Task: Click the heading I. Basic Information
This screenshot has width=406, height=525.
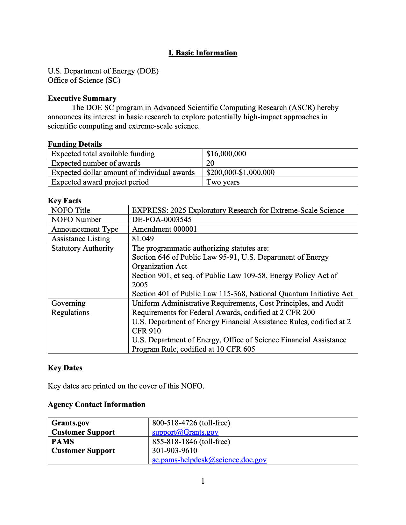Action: coord(203,53)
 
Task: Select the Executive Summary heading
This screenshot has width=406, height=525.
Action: coord(82,98)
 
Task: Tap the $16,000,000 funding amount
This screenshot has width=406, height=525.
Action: coord(226,154)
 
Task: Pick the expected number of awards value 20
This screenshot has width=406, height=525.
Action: coord(210,163)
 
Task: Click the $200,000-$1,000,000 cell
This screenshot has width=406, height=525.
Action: coord(240,172)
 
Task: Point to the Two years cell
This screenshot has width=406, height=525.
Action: coord(223,182)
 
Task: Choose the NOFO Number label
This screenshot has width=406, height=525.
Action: coord(76,220)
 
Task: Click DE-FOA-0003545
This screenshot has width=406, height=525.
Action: coord(162,220)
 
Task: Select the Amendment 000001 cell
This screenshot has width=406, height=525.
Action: coord(164,229)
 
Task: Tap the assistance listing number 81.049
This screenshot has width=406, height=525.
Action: coord(143,239)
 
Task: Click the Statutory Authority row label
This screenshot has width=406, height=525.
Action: coord(82,248)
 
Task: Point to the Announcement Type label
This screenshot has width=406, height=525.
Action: coord(85,229)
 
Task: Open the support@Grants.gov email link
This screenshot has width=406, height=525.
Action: coord(185,432)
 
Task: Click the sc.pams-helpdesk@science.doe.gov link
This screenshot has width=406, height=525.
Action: coord(209,460)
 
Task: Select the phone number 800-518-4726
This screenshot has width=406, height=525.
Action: coord(175,423)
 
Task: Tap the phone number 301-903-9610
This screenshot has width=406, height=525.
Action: coord(175,451)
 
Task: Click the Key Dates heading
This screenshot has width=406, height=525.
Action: coord(65,368)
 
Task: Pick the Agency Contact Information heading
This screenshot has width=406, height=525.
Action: coord(96,404)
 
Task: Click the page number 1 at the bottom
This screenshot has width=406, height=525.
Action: coord(203,481)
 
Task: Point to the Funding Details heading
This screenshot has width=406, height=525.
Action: coord(75,144)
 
